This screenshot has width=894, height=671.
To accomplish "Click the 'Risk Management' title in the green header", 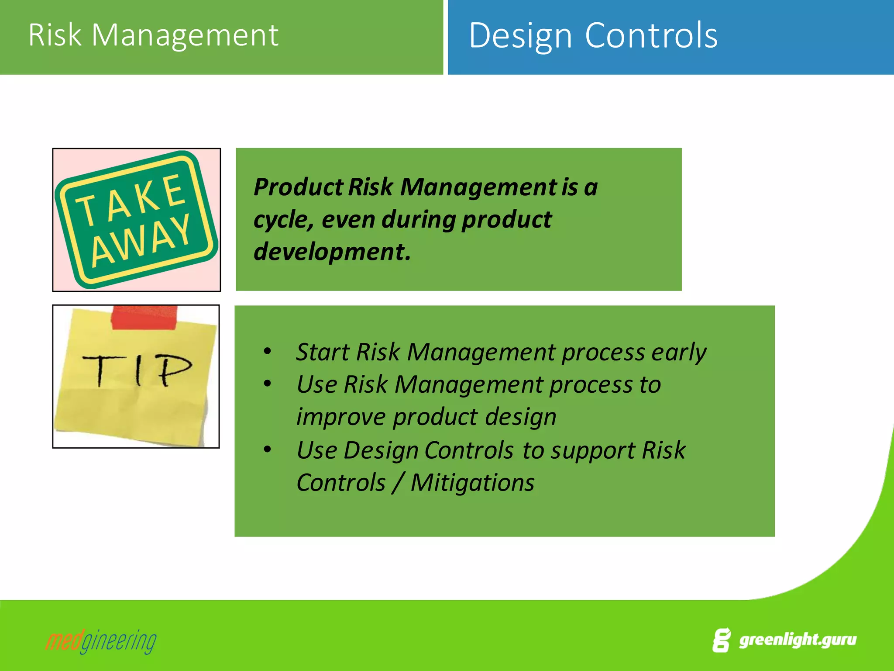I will coord(153,35).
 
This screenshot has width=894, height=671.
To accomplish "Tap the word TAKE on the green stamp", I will coord(131,199).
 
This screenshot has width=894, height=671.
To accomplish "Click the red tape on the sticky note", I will coord(144,317).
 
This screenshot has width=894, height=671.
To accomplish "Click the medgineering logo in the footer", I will coord(101,641).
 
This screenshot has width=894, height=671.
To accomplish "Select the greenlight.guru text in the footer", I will coord(797,640).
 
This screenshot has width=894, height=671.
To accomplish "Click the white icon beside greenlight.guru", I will coord(721,640).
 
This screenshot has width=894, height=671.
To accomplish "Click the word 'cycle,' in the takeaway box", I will coord(283,219).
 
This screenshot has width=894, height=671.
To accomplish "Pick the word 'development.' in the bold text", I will coord(332,252).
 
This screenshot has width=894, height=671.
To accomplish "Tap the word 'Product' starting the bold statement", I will coord(299,187).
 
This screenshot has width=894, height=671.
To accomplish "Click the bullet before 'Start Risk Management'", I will coord(268,351).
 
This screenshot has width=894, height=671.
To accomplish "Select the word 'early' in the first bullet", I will coord(678,352).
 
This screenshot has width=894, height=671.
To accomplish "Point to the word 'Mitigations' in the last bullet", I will coord(472,482).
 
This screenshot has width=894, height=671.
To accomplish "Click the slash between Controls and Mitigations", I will coord(397,482).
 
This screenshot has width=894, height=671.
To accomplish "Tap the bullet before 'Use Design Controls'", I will coord(268,450).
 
